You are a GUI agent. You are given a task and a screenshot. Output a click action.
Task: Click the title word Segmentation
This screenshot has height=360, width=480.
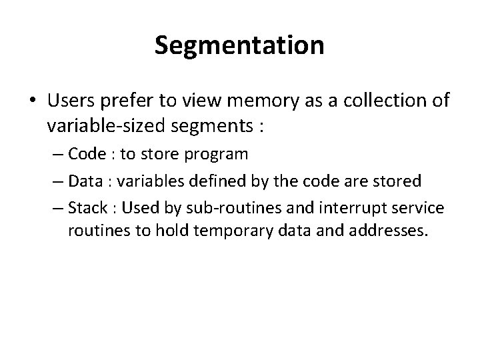(239, 45)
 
